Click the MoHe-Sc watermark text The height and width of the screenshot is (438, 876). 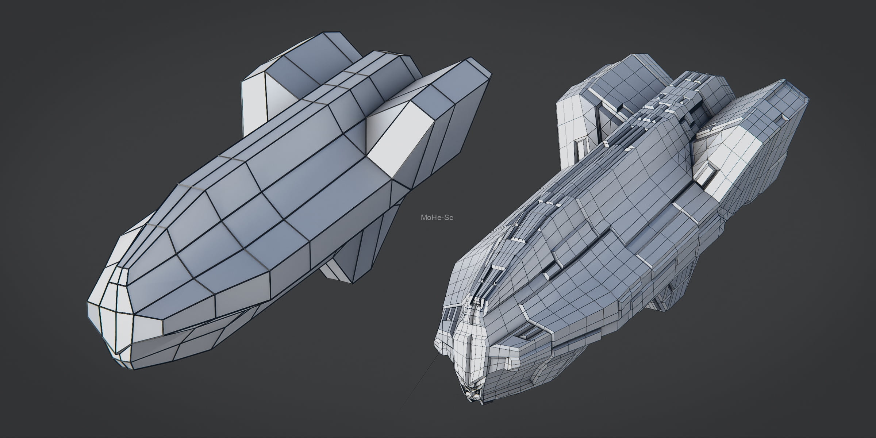(x=437, y=218)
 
